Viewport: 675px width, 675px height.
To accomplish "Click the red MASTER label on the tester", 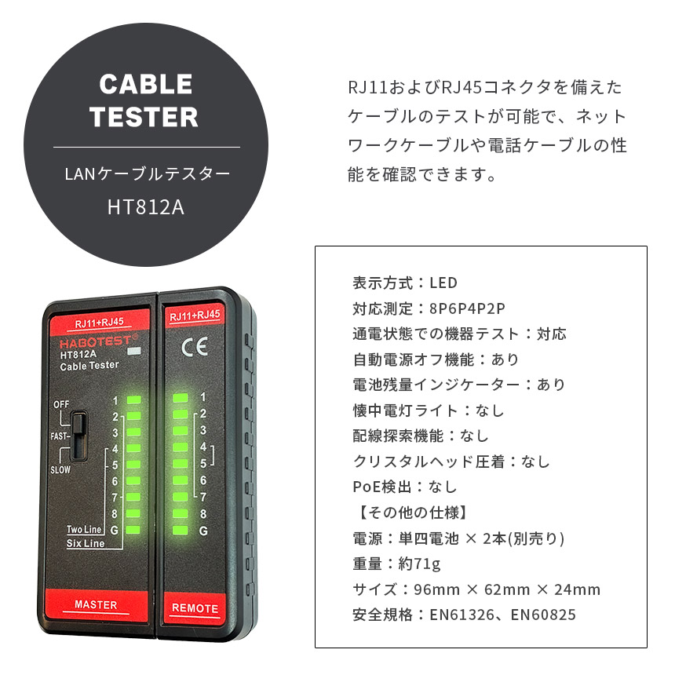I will [x=95, y=605].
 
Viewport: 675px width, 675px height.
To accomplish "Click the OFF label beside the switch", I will [x=61, y=404].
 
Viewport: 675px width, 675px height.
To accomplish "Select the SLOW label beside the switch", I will [x=60, y=470].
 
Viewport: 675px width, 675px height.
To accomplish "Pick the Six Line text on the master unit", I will [x=85, y=543].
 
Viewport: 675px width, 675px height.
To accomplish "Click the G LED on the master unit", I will [x=133, y=530].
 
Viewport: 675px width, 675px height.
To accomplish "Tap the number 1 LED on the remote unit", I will [x=181, y=397].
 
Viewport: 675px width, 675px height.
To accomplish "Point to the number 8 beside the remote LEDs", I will [x=203, y=514].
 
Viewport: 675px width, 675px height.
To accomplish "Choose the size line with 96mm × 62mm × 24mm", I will [x=476, y=589].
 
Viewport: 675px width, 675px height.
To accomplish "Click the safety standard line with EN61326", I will [x=465, y=615].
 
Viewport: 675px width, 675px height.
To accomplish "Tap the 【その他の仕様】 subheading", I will [x=411, y=513].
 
